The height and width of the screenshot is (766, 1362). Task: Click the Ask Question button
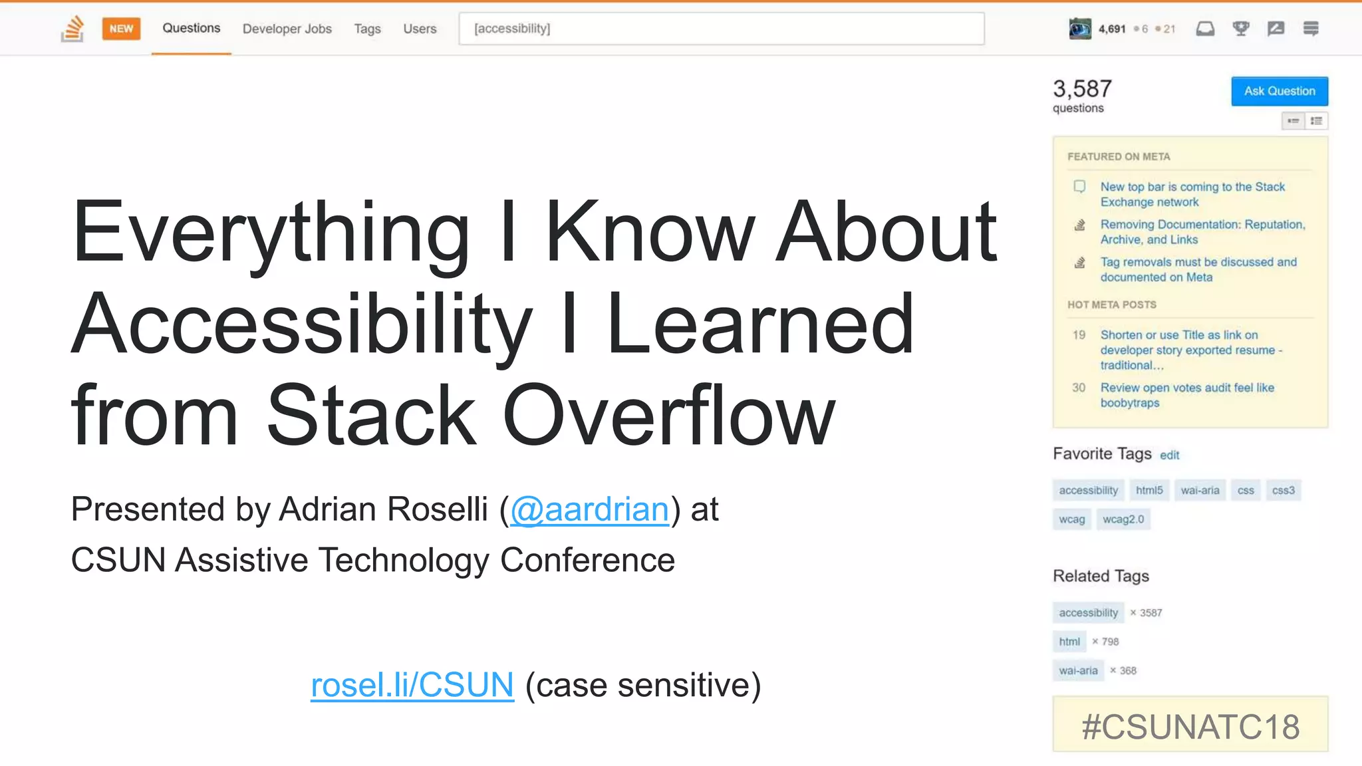pos(1279,91)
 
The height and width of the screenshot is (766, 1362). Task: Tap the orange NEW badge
pos(121,29)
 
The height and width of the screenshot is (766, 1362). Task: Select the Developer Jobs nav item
pos(287,29)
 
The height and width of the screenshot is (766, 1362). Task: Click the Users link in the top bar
pos(420,29)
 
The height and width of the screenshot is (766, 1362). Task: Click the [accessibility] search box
pos(721,29)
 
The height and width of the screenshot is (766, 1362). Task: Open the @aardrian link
pos(589,510)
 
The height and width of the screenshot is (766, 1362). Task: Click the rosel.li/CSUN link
pos(412,686)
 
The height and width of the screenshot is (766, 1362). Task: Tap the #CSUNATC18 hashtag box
pos(1190,726)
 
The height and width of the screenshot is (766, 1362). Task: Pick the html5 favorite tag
pos(1149,491)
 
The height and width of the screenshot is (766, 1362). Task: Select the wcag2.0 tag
pos(1123,519)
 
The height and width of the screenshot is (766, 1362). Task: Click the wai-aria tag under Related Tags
pos(1078,671)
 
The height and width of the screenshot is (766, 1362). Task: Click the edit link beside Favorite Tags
pos(1169,455)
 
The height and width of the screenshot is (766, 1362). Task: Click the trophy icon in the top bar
pos(1240,29)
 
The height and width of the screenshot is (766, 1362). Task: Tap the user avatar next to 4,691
pos(1079,29)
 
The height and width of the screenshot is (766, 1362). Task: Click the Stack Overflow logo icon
pos(72,29)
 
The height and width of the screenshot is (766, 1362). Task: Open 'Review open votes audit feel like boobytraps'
pos(1186,395)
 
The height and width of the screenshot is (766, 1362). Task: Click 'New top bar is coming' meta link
pos(1192,194)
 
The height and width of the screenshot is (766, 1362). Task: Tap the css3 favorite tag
pos(1283,491)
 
